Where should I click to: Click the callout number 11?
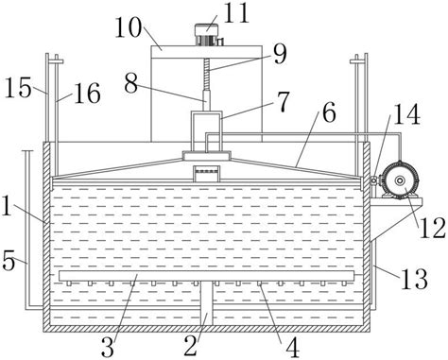tap(236, 13)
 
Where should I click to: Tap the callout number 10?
tap(129, 27)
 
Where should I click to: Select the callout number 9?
tap(280, 54)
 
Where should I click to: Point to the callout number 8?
tap(130, 83)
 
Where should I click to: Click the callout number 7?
tap(283, 101)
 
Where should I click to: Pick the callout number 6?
tap(329, 112)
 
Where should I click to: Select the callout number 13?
tap(414, 279)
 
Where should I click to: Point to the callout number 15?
tap(18, 87)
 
